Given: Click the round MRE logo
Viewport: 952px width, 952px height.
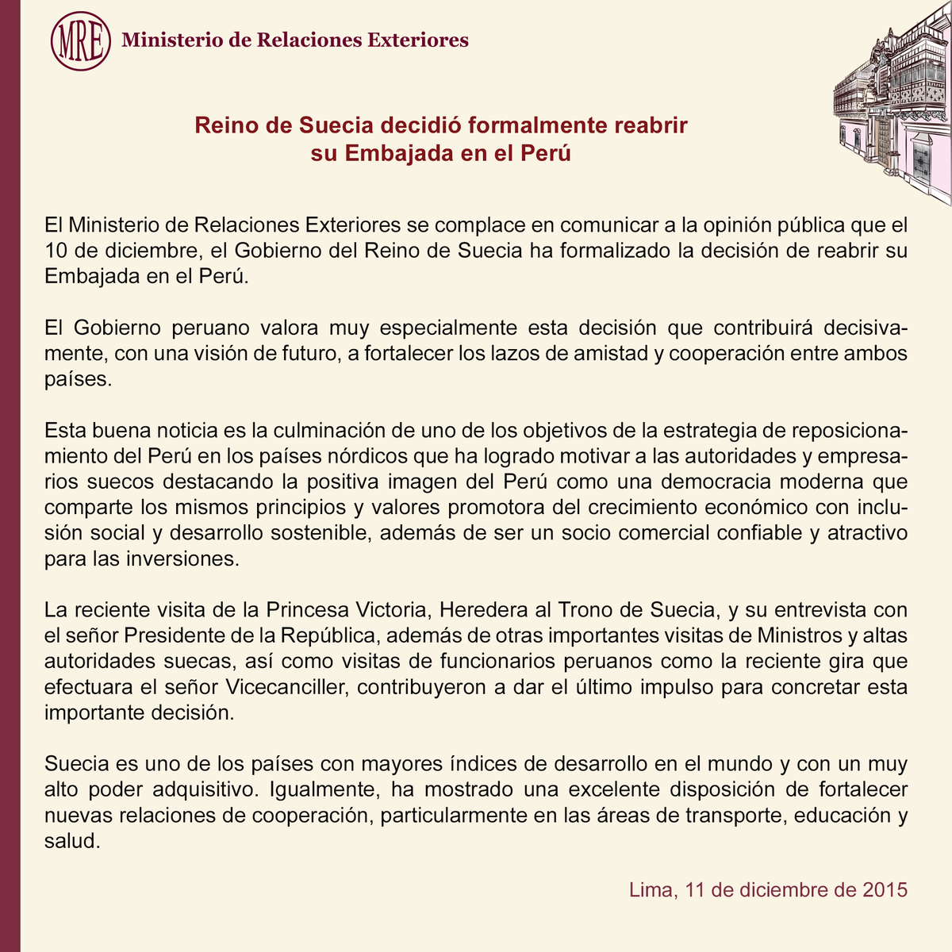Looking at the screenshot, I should click(x=80, y=40).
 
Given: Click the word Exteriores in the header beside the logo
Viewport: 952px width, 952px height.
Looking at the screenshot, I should click(x=418, y=40).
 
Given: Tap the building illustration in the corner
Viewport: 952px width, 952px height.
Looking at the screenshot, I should click(x=892, y=102).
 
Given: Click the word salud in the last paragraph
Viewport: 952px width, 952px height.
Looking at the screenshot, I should click(x=71, y=841).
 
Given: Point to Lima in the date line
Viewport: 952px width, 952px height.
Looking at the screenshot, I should click(x=651, y=889).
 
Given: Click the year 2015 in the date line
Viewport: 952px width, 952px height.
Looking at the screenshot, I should click(x=884, y=889).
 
